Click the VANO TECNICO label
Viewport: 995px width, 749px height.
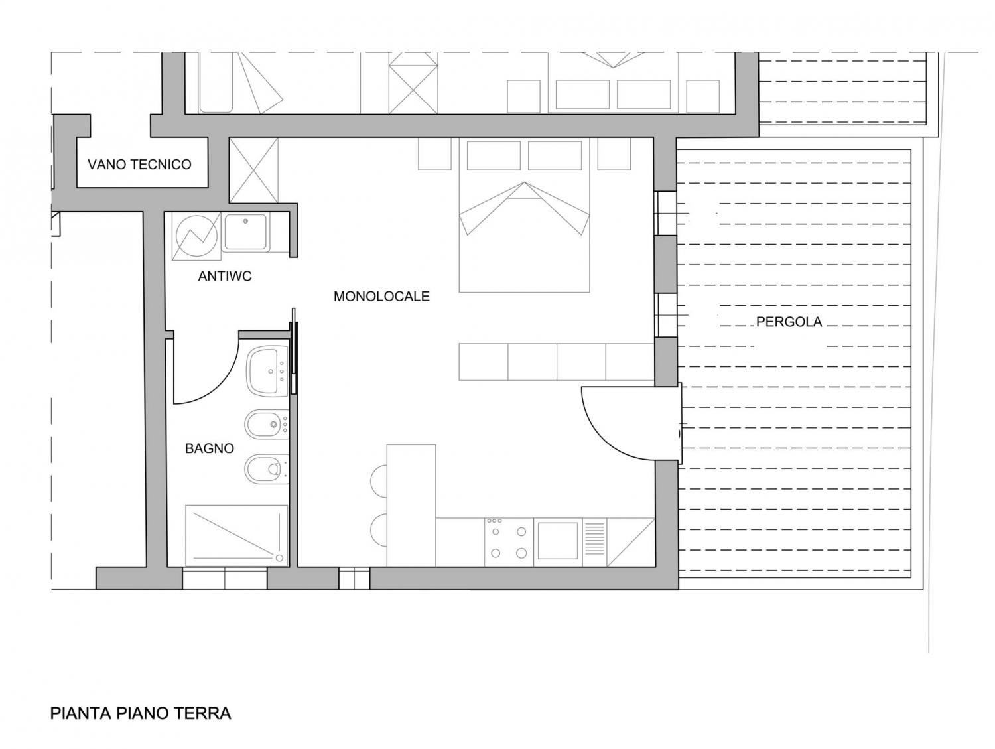pyautogui.click(x=139, y=164)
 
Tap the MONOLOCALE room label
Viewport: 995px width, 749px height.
pyautogui.click(x=381, y=296)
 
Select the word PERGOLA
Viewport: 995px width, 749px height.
pyautogui.click(x=789, y=322)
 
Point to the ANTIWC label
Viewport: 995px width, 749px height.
pyautogui.click(x=224, y=276)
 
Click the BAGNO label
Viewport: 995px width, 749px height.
pyautogui.click(x=210, y=448)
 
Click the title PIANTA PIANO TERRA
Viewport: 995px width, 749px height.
pyautogui.click(x=141, y=713)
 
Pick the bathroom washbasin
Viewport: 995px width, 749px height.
pyautogui.click(x=267, y=371)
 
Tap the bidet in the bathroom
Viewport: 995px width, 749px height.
pyautogui.click(x=267, y=425)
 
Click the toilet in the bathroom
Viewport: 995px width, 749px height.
pyautogui.click(x=267, y=469)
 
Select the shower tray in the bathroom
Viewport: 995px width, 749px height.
pyautogui.click(x=237, y=535)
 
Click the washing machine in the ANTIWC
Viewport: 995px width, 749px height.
pyautogui.click(x=196, y=236)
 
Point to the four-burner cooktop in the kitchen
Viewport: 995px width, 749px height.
pyautogui.click(x=509, y=542)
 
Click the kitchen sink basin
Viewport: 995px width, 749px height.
pyautogui.click(x=558, y=541)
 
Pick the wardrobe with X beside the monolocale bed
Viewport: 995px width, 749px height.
pyautogui.click(x=253, y=170)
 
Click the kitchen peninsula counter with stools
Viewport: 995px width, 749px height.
pyautogui.click(x=411, y=505)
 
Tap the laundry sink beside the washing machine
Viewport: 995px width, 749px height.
pyautogui.click(x=245, y=232)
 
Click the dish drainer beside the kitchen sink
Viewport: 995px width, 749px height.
pyautogui.click(x=594, y=542)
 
